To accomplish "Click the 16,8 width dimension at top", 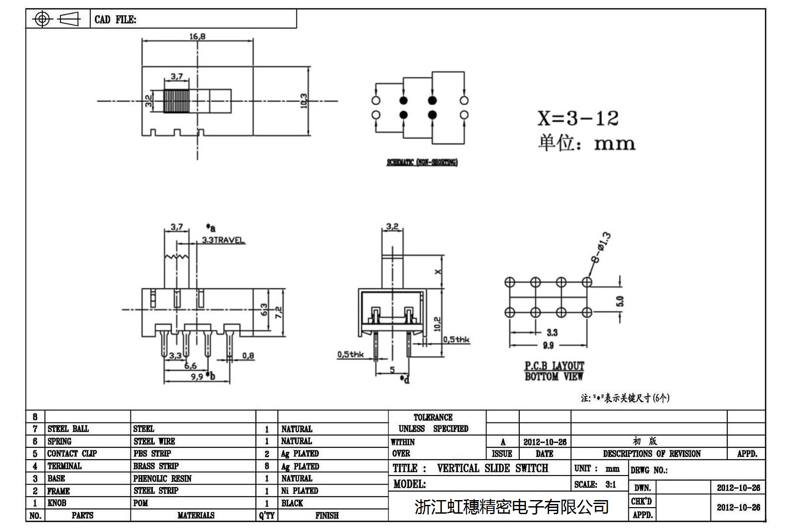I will pos(197,36).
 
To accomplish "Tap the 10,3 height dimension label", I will pos(304,101).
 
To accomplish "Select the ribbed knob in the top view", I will pos(176,101).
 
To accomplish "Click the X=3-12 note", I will pos(578,118).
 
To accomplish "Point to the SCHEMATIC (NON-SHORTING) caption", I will pos(422,163).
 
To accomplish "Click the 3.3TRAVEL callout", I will pos(223,240).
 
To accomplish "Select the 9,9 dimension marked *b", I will pos(197,376).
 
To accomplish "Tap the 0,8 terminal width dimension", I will pos(248,356).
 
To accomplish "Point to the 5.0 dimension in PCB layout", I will pos(619,301).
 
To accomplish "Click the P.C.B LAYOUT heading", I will pos(554,366).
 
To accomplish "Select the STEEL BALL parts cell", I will pos(68,429).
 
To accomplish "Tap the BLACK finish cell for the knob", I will pos(292,503).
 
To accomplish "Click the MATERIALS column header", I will pos(196,515).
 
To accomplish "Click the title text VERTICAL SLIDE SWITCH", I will pos(492,468).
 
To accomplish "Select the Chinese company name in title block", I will pos(511,507).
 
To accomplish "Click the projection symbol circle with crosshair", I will pos(42,19).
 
